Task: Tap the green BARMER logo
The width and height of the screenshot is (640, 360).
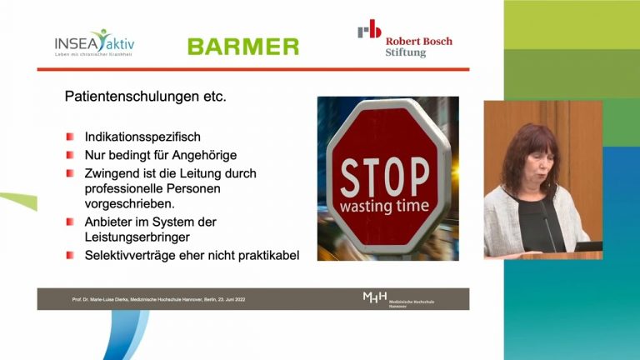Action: pos(242,47)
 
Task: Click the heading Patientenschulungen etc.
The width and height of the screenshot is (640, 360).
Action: pos(145,97)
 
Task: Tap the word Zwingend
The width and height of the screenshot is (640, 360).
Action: pos(114,173)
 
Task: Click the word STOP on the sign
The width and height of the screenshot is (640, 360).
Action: pos(384,176)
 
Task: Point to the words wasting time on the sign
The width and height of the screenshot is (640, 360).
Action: pos(384,206)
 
